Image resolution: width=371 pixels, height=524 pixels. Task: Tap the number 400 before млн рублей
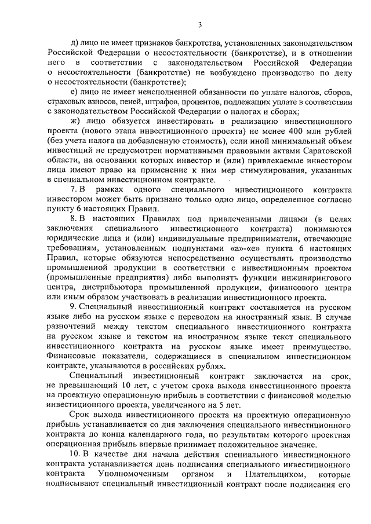point(287,133)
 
